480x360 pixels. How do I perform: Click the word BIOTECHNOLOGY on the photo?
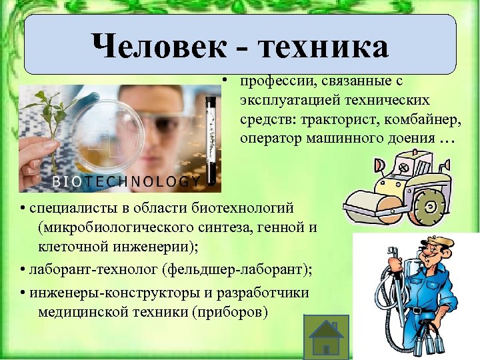[127, 181]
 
